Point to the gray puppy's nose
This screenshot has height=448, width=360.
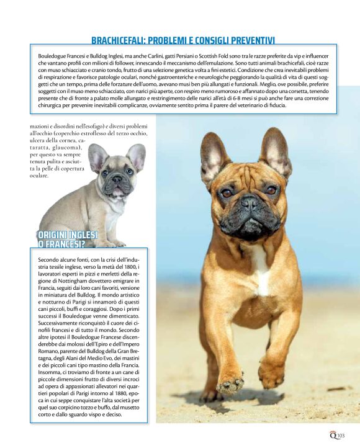coord(117,179)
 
